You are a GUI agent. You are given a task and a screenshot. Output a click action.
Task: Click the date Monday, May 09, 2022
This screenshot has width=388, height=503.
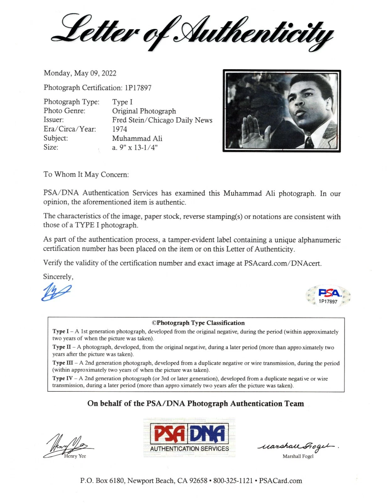(80, 73)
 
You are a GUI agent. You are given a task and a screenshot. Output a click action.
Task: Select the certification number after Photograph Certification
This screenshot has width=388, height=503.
(138, 88)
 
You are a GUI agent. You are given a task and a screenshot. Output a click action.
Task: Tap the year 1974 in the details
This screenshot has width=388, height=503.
(120, 129)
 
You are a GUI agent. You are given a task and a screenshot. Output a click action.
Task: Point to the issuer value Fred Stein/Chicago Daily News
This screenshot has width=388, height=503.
(162, 120)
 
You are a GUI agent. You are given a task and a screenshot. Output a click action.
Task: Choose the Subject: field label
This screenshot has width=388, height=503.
(56, 138)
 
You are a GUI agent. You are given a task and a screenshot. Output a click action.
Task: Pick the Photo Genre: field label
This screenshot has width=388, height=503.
(64, 111)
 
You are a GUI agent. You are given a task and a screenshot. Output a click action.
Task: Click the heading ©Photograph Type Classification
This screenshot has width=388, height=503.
(198, 323)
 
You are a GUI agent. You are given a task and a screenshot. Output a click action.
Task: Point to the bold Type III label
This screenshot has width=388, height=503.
(62, 363)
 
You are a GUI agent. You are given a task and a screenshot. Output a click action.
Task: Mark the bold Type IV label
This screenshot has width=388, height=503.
(62, 379)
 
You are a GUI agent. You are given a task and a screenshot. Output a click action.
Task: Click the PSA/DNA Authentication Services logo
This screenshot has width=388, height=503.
(189, 437)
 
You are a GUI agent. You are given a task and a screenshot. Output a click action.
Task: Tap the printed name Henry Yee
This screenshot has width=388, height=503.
(75, 456)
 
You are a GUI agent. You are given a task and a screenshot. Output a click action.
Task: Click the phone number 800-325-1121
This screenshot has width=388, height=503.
(233, 481)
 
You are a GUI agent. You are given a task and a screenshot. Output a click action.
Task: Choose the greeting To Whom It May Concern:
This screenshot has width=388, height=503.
(86, 174)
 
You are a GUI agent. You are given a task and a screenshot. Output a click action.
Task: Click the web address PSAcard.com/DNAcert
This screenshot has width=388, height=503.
(283, 263)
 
